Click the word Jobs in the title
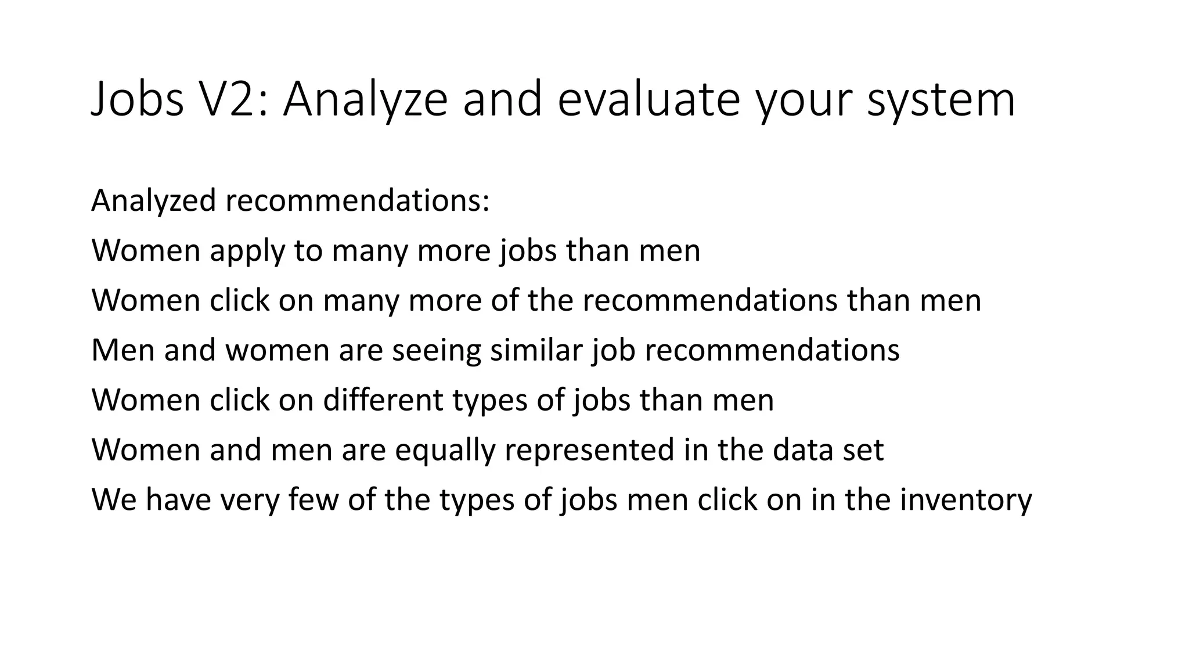point(138,99)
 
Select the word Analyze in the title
point(365,99)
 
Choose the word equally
point(445,451)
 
